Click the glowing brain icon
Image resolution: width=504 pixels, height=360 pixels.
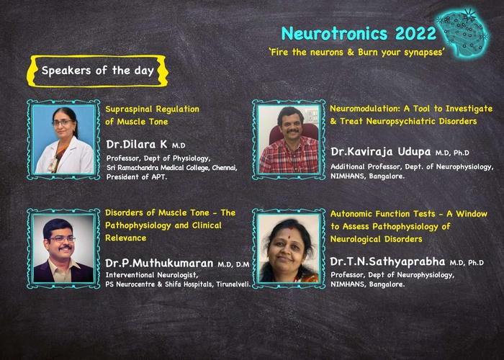(463, 32)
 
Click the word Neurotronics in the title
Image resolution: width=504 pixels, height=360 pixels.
(334, 33)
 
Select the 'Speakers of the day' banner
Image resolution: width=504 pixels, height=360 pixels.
(97, 71)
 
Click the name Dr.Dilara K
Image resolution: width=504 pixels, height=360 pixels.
(137, 145)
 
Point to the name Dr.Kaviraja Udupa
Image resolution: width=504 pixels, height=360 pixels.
(381, 152)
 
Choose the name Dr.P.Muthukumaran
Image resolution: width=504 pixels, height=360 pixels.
(159, 264)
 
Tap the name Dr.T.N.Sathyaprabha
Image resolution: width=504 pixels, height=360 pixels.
(387, 262)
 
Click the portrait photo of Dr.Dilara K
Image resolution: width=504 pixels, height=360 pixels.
(63, 140)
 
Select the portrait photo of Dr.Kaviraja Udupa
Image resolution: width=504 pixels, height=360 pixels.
(289, 140)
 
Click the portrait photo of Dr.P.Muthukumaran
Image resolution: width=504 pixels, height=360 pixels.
(63, 248)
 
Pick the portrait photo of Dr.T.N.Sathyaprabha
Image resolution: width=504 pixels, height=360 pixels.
(289, 248)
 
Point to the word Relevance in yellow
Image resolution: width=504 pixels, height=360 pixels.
(126, 238)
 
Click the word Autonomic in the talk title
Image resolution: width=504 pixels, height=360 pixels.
(351, 214)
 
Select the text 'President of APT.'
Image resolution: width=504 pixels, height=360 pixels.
(137, 177)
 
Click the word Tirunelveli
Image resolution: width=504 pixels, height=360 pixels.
(233, 284)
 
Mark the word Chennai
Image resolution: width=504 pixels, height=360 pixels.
(225, 168)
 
